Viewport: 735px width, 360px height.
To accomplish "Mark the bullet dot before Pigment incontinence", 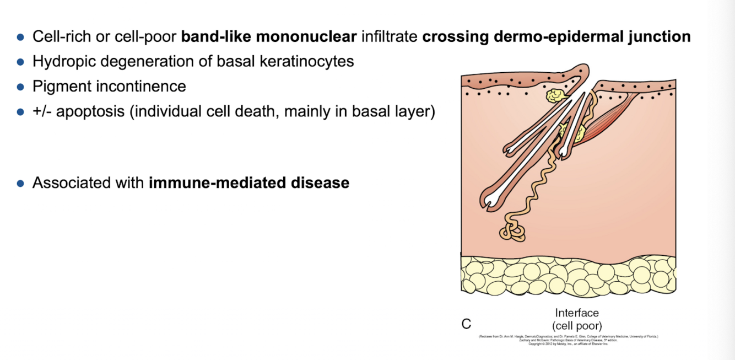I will click(20, 87).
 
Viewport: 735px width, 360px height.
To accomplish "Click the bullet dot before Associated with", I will click(20, 183).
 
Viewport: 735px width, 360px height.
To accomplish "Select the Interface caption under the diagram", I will click(576, 313).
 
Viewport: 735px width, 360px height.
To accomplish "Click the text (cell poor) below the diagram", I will click(576, 325).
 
